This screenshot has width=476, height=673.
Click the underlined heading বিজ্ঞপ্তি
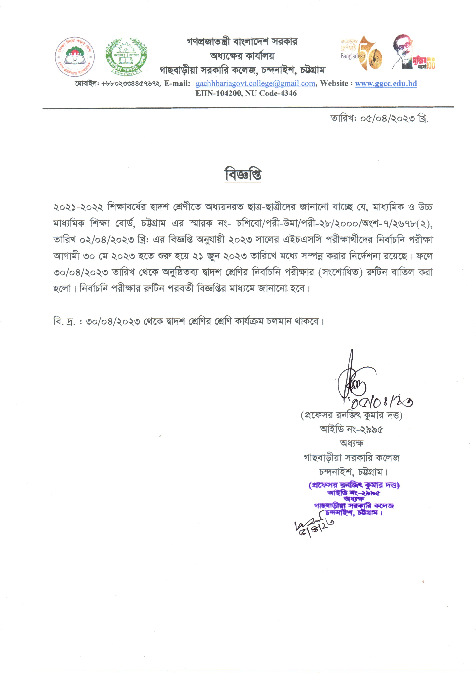click(x=243, y=174)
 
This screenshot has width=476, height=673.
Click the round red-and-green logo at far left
click(x=74, y=57)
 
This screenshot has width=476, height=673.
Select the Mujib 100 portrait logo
click(x=413, y=53)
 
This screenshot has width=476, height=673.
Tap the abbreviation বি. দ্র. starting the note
click(x=64, y=322)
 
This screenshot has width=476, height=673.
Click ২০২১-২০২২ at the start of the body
click(x=78, y=207)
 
